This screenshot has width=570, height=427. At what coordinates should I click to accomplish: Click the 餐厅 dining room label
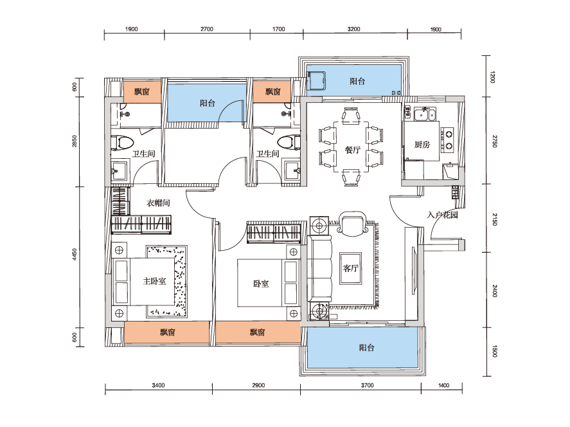point(352,150)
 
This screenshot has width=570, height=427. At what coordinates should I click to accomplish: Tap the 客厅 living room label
point(350,268)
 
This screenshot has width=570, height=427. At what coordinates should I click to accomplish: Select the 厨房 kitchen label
point(422,145)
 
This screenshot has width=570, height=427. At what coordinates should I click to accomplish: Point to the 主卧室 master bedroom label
point(154,281)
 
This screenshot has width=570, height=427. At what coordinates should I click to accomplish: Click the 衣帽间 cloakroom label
point(158,203)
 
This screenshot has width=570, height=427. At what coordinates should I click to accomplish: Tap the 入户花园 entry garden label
point(442,215)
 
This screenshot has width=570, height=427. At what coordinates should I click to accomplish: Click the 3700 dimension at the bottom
point(367,385)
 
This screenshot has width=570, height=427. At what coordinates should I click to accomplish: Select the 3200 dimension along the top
point(353,29)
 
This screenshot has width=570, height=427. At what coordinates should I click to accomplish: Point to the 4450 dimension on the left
point(75,254)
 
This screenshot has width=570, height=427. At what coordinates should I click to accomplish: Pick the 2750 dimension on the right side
point(494,141)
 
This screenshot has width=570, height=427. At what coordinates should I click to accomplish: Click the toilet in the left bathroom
point(123,143)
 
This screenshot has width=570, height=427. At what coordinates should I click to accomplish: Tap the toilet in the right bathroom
point(289,143)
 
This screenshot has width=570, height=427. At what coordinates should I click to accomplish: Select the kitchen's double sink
point(425,114)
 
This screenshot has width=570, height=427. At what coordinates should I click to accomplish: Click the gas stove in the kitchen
point(448,140)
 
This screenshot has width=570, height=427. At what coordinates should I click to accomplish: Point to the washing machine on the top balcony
point(316,80)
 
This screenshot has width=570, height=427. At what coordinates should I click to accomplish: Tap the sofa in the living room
point(320,268)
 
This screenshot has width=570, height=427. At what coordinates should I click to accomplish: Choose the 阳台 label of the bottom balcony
point(366,348)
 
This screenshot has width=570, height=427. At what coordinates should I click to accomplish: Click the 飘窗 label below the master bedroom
point(168,332)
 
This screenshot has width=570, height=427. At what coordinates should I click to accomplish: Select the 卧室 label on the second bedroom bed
point(261,284)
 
